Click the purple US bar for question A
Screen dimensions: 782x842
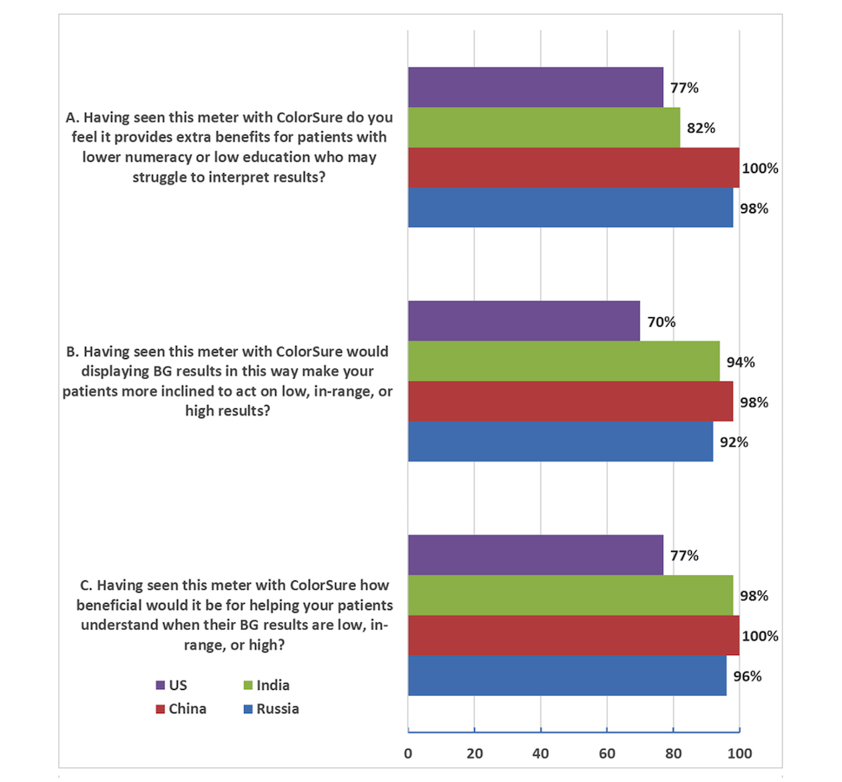[x=536, y=87]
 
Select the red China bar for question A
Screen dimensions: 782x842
[x=573, y=168]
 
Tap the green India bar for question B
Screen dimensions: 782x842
[x=564, y=361]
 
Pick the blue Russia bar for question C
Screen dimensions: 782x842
[x=567, y=676]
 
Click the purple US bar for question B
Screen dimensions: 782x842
[x=523, y=321]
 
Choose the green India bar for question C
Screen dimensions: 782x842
[x=570, y=596]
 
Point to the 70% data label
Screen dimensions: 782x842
[x=661, y=322]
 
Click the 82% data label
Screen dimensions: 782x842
[x=701, y=129]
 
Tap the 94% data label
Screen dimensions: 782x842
[x=741, y=362]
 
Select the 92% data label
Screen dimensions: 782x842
[x=734, y=441]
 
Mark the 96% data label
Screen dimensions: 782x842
[x=747, y=676]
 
